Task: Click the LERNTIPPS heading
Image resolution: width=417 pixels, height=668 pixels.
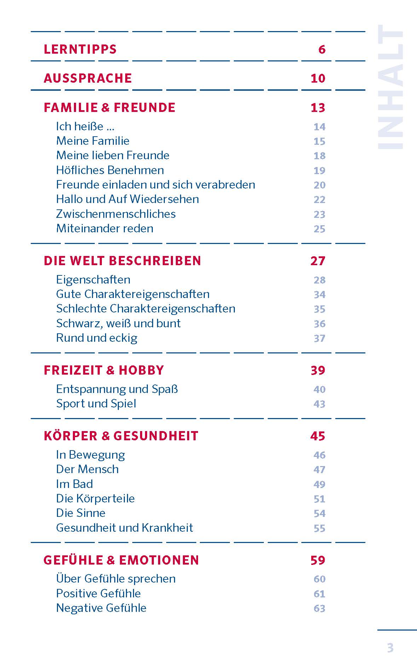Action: click(80, 49)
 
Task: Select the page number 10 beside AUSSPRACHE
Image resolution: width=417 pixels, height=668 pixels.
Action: click(318, 78)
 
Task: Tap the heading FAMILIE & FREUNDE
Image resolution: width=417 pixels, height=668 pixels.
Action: click(109, 108)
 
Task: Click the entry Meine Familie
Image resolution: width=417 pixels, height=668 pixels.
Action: click(93, 141)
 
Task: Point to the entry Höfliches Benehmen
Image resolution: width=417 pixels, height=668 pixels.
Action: click(110, 170)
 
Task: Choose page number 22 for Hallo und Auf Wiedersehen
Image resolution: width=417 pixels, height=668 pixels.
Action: click(319, 199)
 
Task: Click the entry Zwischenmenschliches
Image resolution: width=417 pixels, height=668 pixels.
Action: click(116, 214)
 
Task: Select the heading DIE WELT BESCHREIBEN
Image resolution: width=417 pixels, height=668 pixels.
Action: click(122, 261)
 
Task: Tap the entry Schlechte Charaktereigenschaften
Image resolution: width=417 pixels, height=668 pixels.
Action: click(145, 309)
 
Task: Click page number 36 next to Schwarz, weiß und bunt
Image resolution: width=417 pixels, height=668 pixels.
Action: click(319, 324)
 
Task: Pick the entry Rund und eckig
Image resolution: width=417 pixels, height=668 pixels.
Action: click(97, 338)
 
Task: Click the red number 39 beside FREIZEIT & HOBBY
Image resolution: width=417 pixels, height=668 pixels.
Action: click(318, 370)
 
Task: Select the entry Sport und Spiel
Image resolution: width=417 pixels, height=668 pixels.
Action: click(96, 404)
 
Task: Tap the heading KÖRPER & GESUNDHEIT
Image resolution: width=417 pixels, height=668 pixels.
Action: click(121, 436)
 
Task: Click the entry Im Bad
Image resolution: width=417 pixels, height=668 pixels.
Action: click(74, 484)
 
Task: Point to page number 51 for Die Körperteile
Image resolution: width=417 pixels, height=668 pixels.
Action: click(319, 499)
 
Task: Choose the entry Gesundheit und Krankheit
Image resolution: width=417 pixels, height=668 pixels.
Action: click(124, 528)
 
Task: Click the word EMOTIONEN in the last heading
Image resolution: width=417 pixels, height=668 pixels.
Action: click(159, 560)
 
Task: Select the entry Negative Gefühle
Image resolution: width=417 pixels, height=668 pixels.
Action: click(101, 608)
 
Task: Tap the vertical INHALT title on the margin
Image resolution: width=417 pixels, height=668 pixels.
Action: click(390, 87)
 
